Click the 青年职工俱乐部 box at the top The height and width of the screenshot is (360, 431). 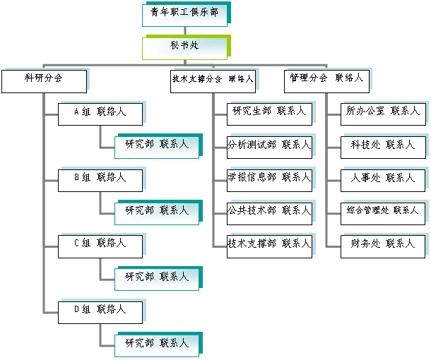tap(184, 13)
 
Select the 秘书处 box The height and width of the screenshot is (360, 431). tap(184, 47)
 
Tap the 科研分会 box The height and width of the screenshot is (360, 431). tap(44, 80)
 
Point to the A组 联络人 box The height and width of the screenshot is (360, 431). tap(100, 114)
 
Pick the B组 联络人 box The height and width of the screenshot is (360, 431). tap(100, 180)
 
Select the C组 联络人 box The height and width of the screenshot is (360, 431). tap(100, 245)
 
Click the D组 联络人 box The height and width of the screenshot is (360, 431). tap(100, 311)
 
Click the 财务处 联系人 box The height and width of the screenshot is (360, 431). tap(383, 246)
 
